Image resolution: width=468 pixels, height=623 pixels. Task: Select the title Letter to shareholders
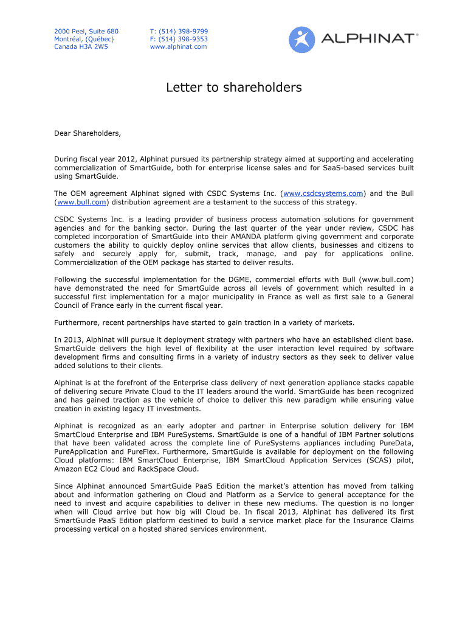234,88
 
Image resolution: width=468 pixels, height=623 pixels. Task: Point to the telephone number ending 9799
179,31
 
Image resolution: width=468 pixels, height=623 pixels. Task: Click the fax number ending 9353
179,39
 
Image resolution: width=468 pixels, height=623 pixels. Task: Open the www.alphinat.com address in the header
178,47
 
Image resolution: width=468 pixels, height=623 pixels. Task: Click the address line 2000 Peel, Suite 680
86,31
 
